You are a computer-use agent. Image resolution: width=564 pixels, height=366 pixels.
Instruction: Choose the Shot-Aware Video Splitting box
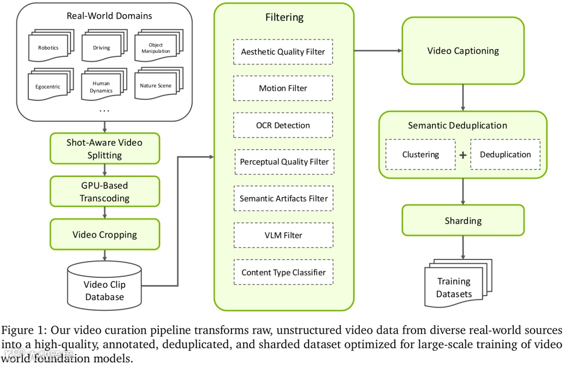coord(104,148)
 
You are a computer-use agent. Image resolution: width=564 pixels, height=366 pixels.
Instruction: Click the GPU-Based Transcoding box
coord(104,192)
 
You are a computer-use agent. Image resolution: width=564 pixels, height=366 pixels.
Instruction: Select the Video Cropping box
coord(104,234)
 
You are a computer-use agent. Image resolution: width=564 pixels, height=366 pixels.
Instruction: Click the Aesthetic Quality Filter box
coord(283,52)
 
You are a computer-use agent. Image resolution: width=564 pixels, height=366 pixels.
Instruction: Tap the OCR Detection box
coord(283,125)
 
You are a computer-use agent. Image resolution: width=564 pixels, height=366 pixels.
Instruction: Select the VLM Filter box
coord(283,235)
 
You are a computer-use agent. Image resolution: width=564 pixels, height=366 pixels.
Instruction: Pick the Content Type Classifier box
coord(283,272)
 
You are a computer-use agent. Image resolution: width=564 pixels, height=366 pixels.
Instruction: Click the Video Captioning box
coord(463,51)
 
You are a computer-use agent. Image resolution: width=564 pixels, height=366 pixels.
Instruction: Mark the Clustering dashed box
coord(420,155)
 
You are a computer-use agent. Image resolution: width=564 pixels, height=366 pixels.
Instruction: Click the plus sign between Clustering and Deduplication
coord(463,155)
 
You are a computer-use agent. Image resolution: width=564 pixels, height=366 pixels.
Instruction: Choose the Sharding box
coord(463,220)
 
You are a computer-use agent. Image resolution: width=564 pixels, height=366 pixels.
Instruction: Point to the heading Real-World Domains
coord(109,16)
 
